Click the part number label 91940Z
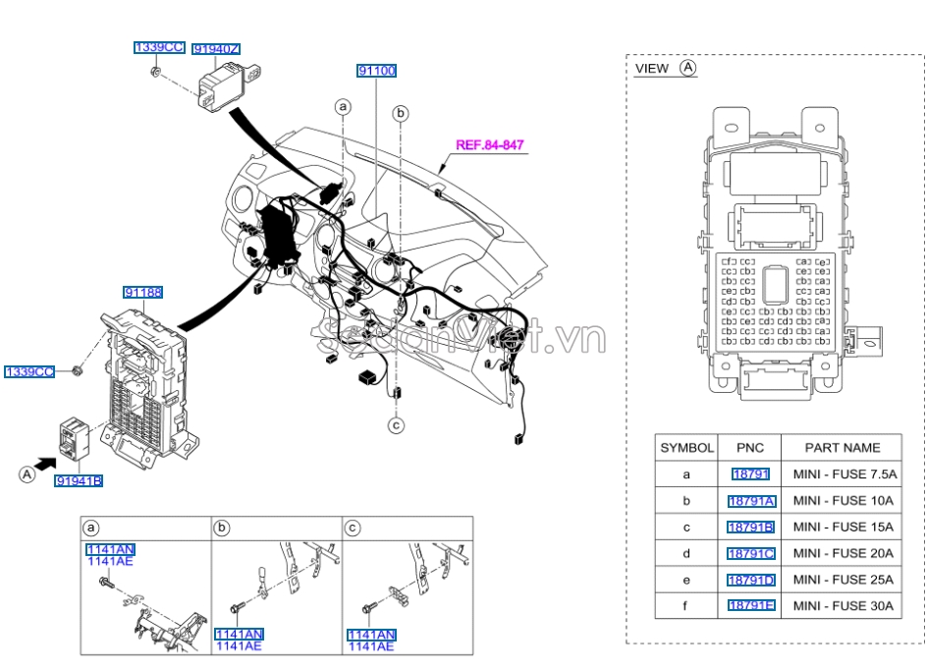217,48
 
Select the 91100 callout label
376,71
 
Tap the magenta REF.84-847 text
489,144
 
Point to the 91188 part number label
143,292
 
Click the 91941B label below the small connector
80,480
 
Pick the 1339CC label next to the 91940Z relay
159,47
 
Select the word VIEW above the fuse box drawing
652,69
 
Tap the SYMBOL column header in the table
686,448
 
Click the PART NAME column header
843,448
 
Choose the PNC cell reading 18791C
751,553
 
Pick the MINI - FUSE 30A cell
843,606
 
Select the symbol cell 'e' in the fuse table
686,580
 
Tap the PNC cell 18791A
751,501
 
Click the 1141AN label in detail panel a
110,549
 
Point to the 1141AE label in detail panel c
370,646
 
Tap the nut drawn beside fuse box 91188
77,370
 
